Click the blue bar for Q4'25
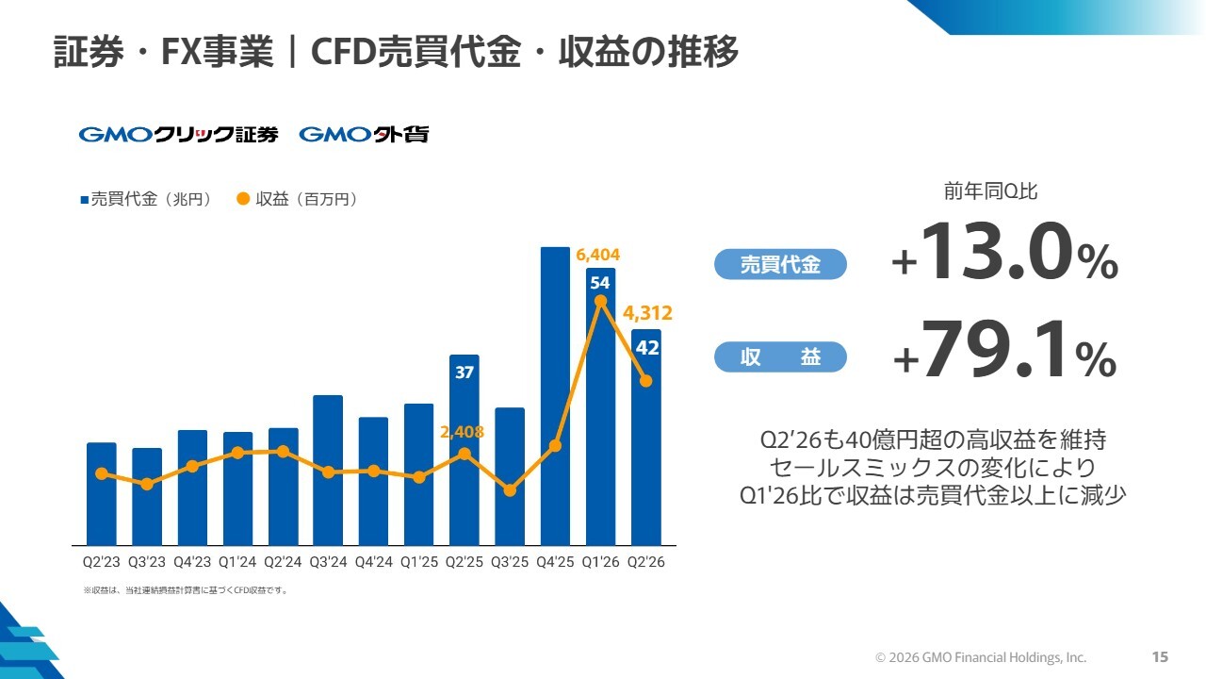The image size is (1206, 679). point(555,396)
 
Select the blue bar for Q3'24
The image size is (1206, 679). point(328,470)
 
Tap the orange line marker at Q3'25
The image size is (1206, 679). point(510,490)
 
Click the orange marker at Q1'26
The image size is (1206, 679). point(600,301)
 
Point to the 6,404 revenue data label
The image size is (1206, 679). point(597,255)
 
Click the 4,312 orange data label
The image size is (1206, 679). point(647,313)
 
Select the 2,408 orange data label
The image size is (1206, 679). point(462,432)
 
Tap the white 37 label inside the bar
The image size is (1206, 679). point(464,372)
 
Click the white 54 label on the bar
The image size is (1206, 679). point(600,282)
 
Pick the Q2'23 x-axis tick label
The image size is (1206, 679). point(101,562)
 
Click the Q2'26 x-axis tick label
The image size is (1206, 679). point(646,562)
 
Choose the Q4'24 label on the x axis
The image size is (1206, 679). point(374,562)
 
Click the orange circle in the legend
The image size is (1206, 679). point(243,199)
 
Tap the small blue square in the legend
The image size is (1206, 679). point(85,200)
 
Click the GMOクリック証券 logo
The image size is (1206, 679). point(179,134)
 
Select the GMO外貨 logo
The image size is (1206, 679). point(364,134)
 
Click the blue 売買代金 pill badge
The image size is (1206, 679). point(780,264)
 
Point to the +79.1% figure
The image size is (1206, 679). point(1004,350)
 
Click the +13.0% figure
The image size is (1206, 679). point(1004,252)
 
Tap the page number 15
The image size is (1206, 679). point(1160,657)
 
